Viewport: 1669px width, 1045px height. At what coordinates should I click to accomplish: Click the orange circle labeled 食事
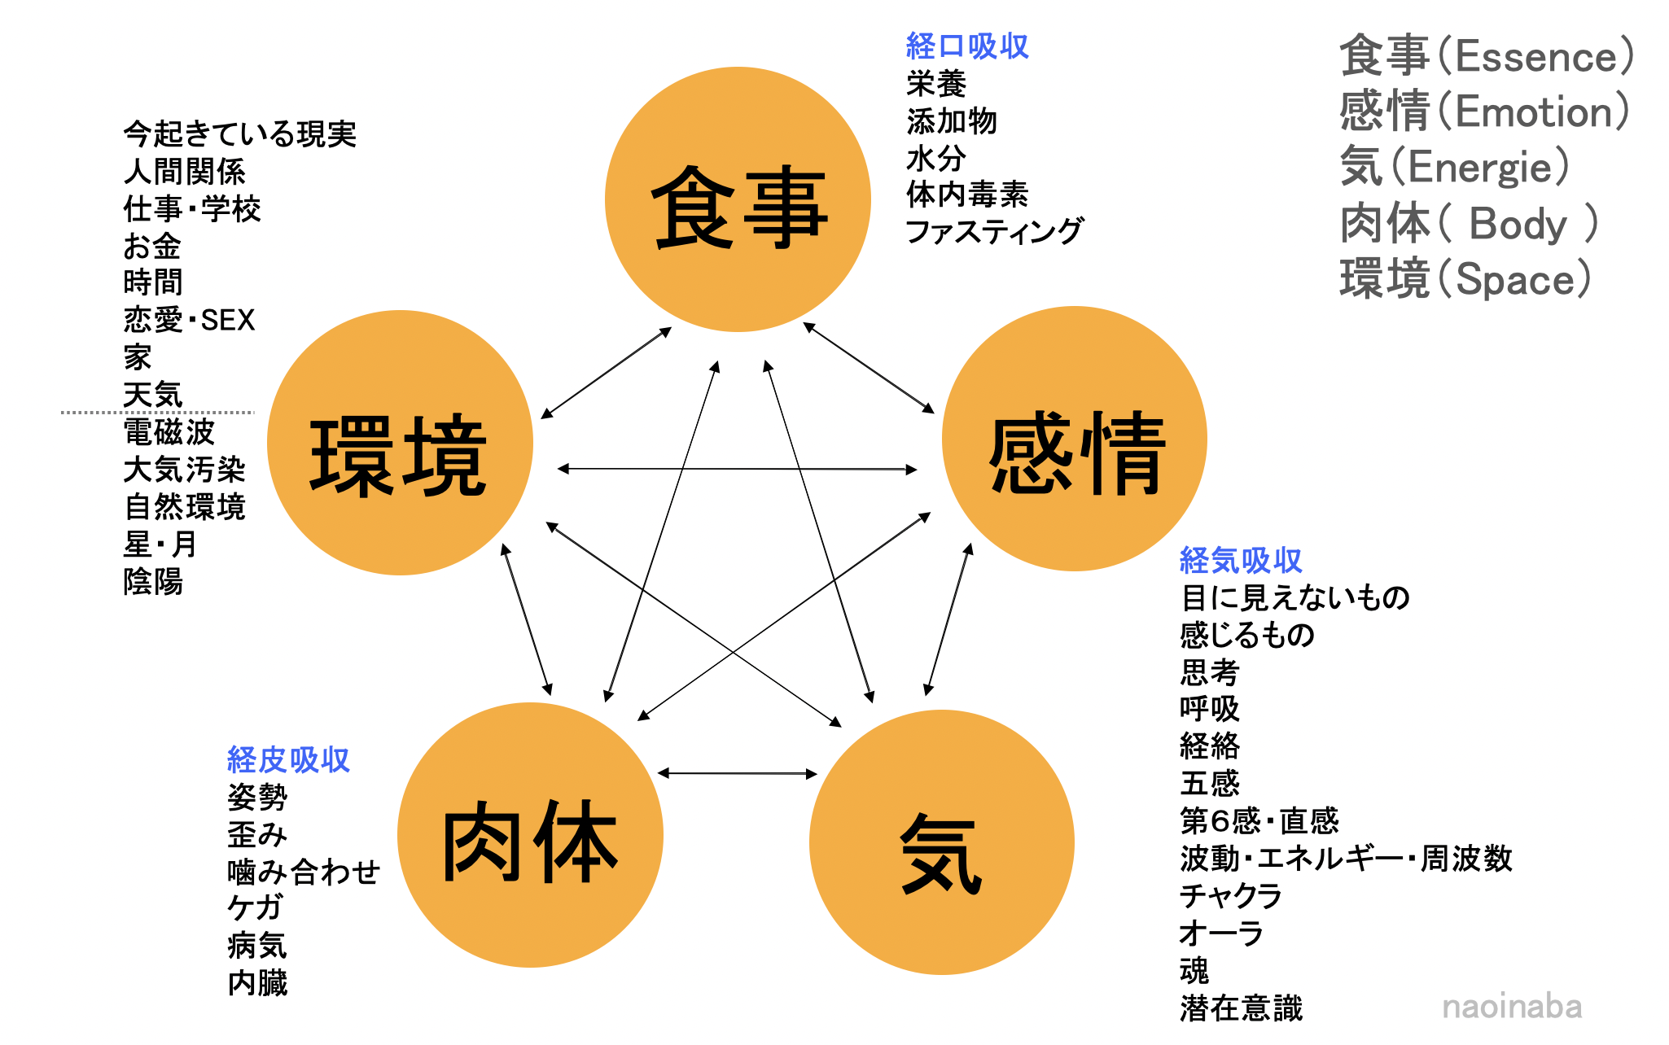click(x=738, y=199)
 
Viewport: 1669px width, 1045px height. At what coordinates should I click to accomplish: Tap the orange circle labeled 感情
click(x=1075, y=439)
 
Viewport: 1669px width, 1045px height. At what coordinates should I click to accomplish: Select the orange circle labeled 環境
click(x=400, y=443)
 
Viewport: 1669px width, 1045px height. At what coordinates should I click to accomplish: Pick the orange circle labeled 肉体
click(x=530, y=835)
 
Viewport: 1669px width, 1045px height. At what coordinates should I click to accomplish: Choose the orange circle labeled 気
click(x=942, y=842)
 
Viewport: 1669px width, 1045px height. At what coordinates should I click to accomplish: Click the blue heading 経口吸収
click(x=967, y=46)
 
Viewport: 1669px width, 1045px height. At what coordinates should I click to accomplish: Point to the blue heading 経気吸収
click(x=1241, y=561)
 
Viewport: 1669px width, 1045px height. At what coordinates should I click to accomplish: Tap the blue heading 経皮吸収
click(x=288, y=759)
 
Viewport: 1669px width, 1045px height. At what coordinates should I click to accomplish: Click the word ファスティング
click(x=994, y=231)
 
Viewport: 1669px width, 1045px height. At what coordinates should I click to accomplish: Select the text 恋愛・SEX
click(x=189, y=320)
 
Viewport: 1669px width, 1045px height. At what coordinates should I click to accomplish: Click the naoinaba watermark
click(x=1512, y=1007)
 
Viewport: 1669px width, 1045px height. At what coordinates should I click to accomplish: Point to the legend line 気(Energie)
click(x=1454, y=167)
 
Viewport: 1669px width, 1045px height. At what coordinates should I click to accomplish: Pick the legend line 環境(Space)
click(x=1465, y=279)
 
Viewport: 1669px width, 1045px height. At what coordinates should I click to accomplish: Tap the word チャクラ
click(x=1231, y=895)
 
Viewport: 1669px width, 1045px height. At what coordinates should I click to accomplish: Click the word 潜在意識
click(x=1241, y=1008)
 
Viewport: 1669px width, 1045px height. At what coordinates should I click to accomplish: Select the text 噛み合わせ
click(x=304, y=872)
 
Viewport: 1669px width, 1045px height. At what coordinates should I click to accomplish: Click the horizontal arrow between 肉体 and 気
click(x=737, y=773)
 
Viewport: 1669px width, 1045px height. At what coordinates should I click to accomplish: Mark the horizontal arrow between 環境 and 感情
click(x=737, y=469)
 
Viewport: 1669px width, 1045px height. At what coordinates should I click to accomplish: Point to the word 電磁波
click(x=169, y=432)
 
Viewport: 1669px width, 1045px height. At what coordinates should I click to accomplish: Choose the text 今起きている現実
click(x=239, y=134)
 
